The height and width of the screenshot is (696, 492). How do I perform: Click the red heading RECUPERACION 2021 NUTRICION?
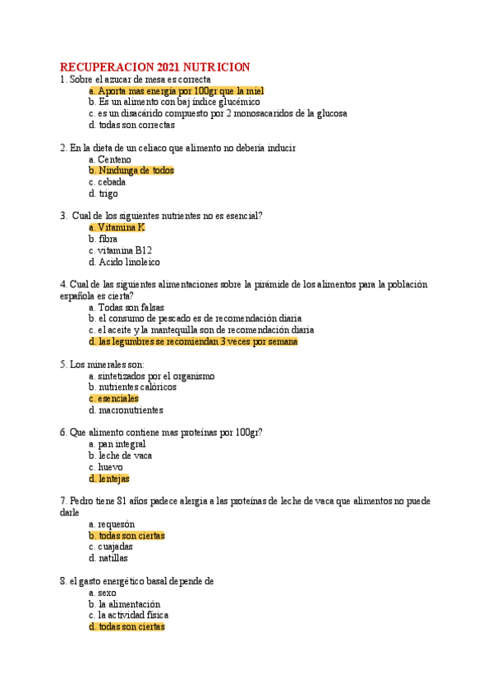[x=155, y=66]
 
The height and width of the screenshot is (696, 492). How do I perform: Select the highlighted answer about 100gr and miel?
[x=176, y=91]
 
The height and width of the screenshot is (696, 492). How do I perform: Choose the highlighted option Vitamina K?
[x=117, y=227]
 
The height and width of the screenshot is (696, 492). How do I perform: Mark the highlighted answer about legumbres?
[x=193, y=341]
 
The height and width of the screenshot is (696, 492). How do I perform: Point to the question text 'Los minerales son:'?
[x=103, y=364]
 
